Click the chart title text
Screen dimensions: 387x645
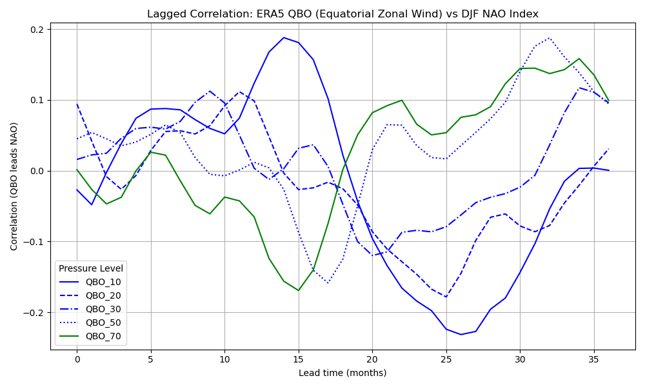(342, 14)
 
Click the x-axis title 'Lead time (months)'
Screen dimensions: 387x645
(342, 373)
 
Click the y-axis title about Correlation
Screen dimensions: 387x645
(14, 186)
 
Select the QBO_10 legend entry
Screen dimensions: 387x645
(103, 282)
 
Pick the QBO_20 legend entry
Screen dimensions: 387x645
(103, 295)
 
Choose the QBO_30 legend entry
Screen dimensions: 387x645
(103, 309)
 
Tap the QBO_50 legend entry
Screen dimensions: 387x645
(103, 322)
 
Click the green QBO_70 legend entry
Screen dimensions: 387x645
(103, 336)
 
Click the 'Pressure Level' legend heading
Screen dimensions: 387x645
(90, 268)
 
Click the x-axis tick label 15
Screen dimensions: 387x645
(299, 358)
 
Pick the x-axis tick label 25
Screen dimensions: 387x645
(446, 358)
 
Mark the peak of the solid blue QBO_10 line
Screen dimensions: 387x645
(284, 37)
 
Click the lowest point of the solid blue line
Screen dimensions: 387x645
(461, 334)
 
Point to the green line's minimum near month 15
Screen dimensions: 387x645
(299, 290)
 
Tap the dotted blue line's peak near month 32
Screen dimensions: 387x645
(550, 38)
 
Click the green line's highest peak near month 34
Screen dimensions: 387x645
(579, 59)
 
